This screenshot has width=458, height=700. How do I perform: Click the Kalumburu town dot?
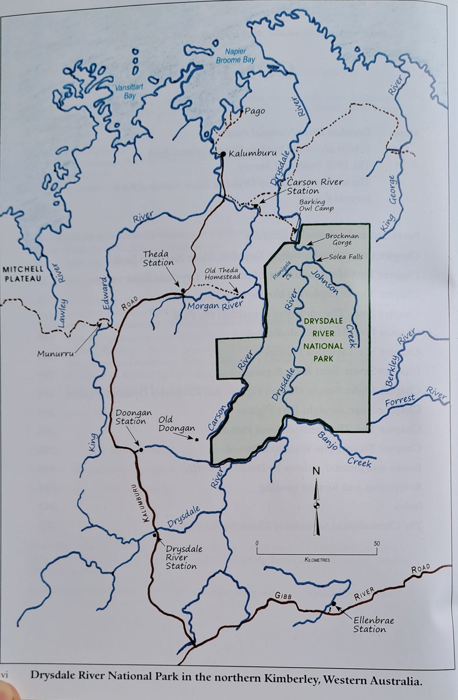(x=223, y=154)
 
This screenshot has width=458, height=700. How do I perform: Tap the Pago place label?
(x=255, y=111)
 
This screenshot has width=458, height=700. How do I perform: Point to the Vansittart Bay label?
(x=129, y=91)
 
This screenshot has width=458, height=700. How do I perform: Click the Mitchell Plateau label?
(x=23, y=274)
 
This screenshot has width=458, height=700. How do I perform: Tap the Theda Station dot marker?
(x=183, y=291)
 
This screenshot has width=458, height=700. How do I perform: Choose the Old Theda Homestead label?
(x=223, y=273)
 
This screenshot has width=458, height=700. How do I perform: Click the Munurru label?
(x=55, y=353)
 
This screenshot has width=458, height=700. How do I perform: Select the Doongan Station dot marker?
(x=141, y=449)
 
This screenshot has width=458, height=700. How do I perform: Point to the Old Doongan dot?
(x=197, y=439)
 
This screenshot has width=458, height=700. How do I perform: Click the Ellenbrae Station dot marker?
(x=334, y=604)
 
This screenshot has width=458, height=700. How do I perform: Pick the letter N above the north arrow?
(x=316, y=471)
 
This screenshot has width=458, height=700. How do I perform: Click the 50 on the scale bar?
(x=377, y=543)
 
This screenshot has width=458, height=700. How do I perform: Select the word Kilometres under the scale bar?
(x=317, y=560)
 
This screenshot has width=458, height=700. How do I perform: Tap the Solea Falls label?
(x=346, y=257)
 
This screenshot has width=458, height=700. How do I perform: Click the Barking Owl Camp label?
(x=316, y=205)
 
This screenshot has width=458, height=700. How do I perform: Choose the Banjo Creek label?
(x=345, y=449)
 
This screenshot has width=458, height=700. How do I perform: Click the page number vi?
(x=4, y=675)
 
